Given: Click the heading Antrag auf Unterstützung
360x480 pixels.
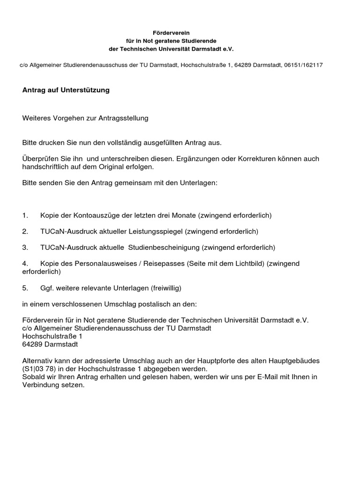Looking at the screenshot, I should (x=66, y=90).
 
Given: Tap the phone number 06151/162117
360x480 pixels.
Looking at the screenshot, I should (x=303, y=65).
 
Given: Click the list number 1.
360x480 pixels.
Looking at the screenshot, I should (x=25, y=216).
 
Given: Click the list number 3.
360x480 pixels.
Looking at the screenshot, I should (x=25, y=247).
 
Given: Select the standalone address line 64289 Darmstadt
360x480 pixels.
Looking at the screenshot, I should (x=51, y=344).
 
